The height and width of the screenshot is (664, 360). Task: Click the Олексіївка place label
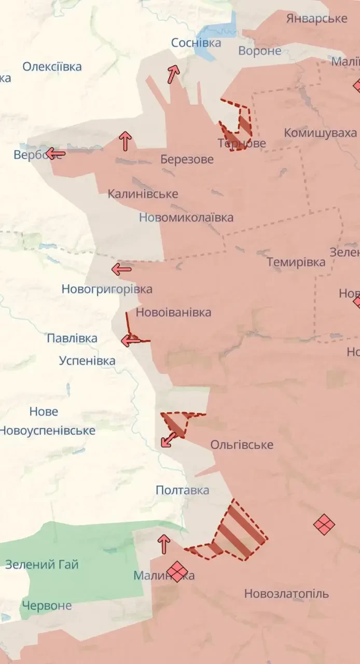52,67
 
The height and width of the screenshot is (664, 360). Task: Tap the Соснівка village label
196,43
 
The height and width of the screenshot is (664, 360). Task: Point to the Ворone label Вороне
260,51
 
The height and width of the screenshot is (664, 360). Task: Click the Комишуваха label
320,133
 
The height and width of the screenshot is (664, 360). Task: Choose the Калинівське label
143,194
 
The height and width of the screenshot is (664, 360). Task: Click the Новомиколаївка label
186,217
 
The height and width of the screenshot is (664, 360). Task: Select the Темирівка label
296,262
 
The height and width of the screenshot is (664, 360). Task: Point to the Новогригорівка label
107,289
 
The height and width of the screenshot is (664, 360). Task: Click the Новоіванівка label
173,312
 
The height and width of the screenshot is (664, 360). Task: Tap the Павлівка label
72,339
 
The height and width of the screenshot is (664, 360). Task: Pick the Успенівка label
87,361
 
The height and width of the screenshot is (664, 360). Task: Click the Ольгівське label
242,445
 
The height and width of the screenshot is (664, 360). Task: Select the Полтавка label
183,490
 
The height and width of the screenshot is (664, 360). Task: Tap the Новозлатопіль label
286,593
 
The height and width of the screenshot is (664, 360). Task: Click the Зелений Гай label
42,564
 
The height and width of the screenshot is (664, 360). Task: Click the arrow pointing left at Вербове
55,154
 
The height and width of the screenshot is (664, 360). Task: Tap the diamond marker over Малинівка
177,572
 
